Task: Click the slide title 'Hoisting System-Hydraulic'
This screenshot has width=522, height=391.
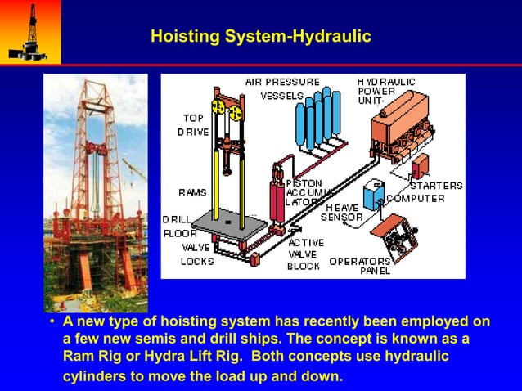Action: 261,37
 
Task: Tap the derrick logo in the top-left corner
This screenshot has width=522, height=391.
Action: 30,31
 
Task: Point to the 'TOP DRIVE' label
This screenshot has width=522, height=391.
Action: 194,124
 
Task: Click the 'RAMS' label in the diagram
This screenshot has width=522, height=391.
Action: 192,192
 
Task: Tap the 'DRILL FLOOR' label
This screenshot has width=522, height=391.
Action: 179,227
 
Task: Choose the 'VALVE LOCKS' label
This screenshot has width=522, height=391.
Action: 196,254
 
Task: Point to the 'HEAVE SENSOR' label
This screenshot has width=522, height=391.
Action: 341,213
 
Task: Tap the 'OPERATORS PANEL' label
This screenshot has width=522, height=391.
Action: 359,266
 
